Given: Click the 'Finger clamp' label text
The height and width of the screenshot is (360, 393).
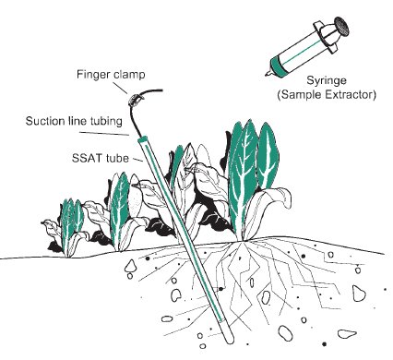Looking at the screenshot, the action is coord(111,75).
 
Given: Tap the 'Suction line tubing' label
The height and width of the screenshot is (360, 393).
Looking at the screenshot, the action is coord(74,121).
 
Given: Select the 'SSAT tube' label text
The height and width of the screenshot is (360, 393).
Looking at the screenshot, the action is coord(101,158).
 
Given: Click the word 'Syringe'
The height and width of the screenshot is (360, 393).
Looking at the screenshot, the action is coord(327,81).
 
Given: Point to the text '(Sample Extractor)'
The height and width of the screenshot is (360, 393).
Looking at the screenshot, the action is coord(327,94).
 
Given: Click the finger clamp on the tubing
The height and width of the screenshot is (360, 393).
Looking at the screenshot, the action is coord(136,100).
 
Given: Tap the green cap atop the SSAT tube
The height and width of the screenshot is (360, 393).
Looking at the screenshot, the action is coord(143,140).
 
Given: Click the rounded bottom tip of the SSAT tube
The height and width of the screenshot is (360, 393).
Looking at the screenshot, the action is coord(229,340).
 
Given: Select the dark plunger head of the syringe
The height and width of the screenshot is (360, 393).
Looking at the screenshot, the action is coord(341,26).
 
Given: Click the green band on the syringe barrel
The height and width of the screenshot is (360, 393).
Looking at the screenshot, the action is coord(279,66).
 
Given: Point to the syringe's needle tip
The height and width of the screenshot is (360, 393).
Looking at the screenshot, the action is coord(267,74).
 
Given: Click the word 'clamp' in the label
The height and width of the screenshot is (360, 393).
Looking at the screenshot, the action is coord(129,75).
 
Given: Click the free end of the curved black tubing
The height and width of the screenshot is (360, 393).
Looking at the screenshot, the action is coord(161,90).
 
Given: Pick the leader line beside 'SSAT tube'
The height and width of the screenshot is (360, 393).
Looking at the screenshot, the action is coord(137,160).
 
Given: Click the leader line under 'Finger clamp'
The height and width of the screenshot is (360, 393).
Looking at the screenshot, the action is coord(119,88).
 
